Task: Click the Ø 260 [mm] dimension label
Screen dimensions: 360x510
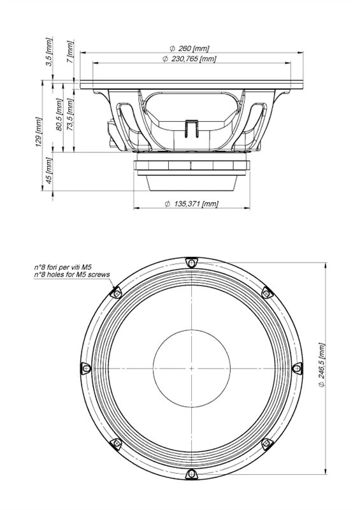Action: [189, 48]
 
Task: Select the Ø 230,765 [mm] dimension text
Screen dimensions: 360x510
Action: [189, 59]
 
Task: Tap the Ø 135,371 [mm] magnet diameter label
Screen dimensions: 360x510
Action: [192, 204]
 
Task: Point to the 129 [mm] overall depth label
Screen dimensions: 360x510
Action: [39, 132]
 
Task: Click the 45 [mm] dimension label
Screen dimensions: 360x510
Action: [49, 170]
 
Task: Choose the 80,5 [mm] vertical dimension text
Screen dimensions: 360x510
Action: [59, 115]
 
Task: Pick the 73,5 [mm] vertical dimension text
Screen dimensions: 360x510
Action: [70, 115]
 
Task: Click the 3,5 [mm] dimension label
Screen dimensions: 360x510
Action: [49, 52]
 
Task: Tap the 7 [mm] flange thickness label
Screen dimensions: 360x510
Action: [70, 52]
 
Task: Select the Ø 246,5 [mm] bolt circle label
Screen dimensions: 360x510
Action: [321, 365]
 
